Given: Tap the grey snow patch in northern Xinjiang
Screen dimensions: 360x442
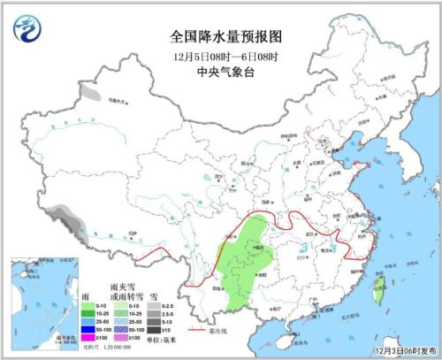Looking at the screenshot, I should coord(88,90).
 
